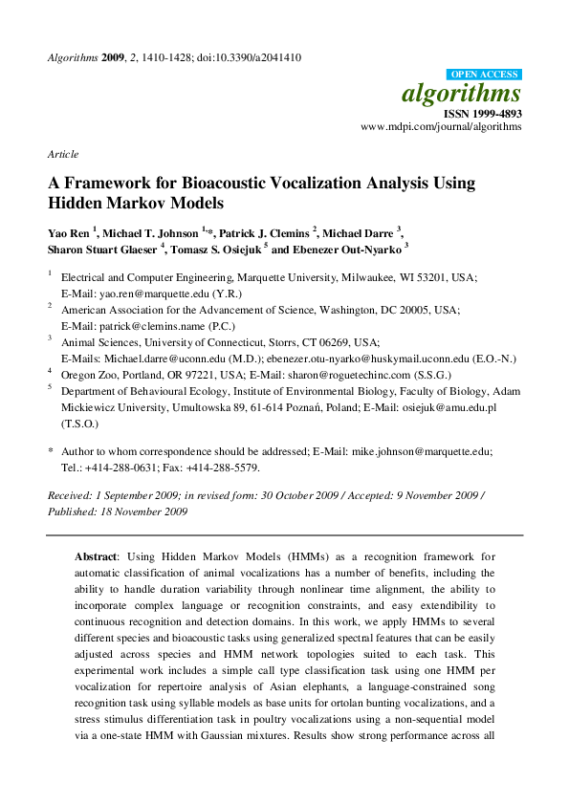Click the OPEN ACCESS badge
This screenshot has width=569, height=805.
tap(484, 75)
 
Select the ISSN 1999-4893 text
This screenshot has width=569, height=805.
tap(481, 114)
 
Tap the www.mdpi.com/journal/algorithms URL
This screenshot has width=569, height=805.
tap(441, 127)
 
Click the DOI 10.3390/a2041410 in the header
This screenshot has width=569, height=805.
tap(253, 57)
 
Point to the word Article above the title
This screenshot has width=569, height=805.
tap(63, 154)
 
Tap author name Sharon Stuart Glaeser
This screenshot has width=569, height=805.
tap(103, 250)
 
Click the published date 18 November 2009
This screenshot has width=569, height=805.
tap(144, 511)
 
